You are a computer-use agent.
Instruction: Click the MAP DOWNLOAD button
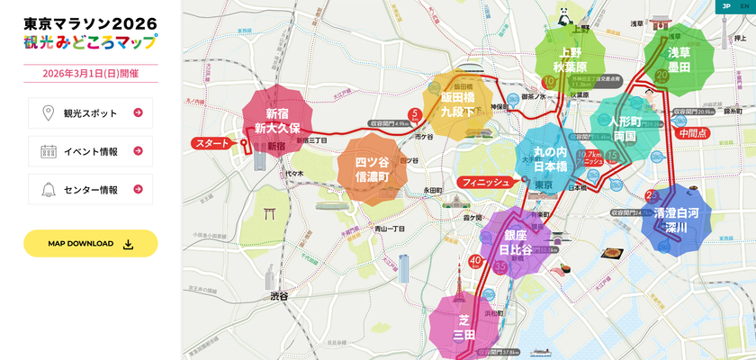coord(90,243)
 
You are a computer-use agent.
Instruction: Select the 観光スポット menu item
coord(90,112)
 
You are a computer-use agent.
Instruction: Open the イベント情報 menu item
coord(90,151)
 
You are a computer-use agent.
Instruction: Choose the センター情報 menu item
coord(90,189)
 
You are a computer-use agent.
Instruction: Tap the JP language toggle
coord(725,6)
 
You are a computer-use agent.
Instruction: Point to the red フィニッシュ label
coord(487,182)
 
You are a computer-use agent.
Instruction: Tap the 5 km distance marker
coord(414,114)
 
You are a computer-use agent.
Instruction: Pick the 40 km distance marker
coord(475,262)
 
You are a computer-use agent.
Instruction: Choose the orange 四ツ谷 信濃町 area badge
coord(372,169)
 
